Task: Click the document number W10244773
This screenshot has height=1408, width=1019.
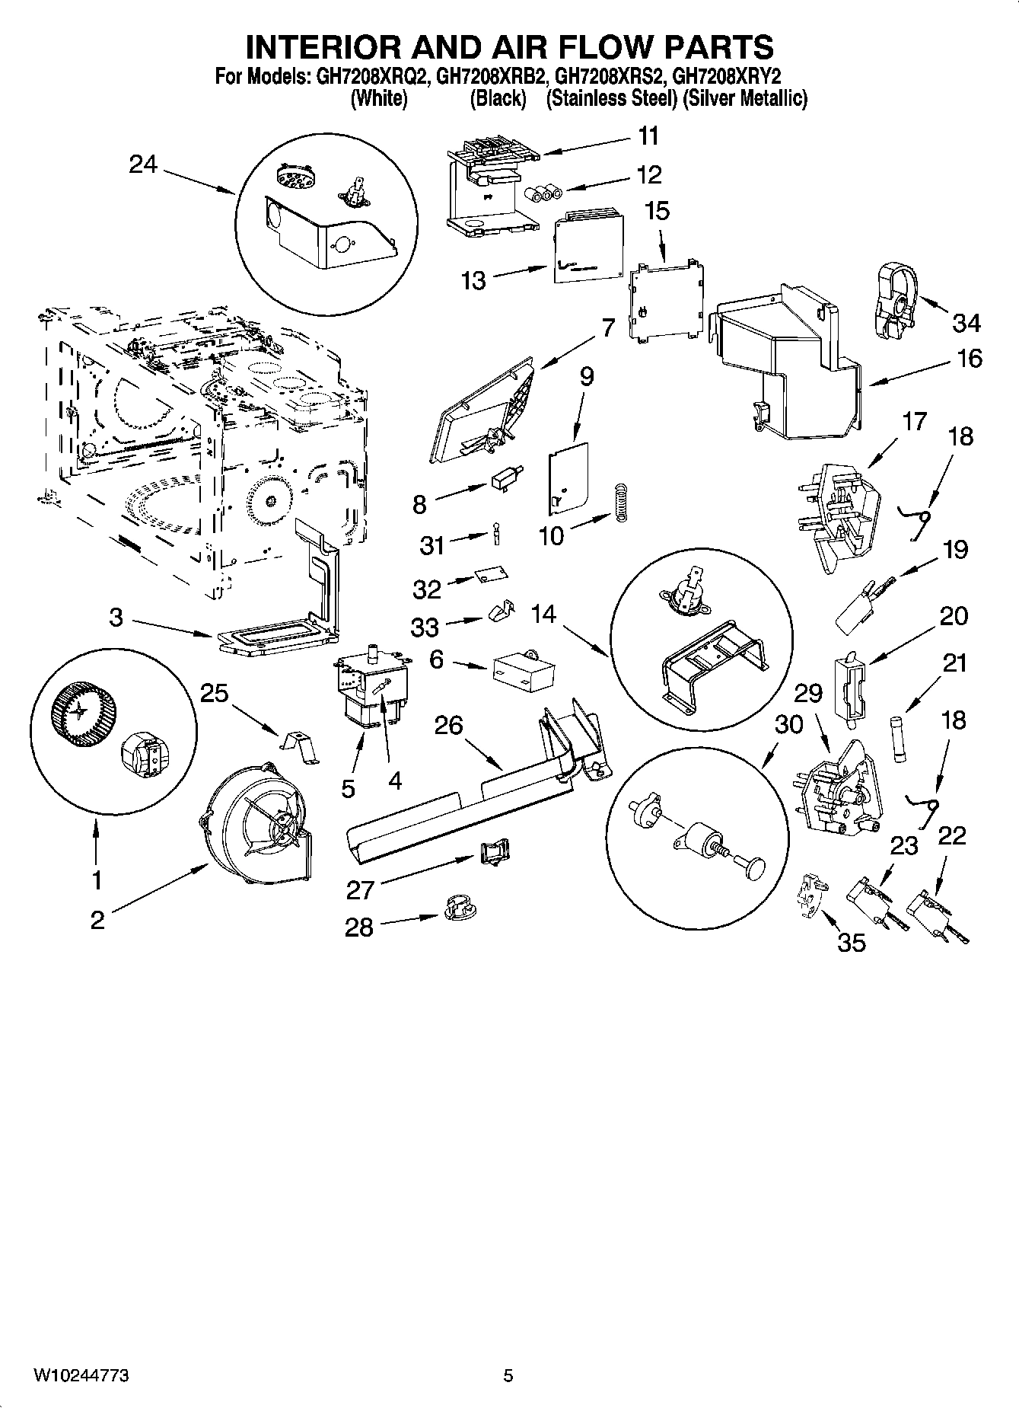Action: click(80, 1376)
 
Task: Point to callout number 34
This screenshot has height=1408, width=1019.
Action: click(966, 323)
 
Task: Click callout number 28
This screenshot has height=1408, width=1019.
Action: click(359, 927)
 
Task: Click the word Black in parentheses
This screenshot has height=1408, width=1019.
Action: click(498, 99)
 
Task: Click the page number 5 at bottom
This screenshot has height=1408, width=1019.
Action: click(509, 1376)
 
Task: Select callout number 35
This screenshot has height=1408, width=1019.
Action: click(852, 943)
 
